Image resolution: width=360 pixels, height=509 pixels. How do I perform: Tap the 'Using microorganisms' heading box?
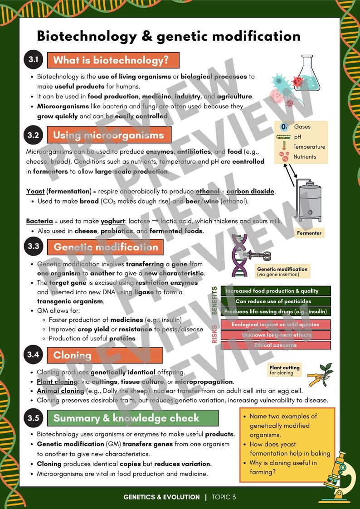109,135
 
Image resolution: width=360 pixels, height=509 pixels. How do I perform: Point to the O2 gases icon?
284,127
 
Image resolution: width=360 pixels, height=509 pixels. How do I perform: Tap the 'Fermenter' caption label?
309,233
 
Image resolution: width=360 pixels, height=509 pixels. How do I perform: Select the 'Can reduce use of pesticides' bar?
276,301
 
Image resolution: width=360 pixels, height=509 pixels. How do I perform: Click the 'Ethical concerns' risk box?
276,345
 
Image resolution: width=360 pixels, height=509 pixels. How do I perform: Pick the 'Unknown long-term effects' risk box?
276,335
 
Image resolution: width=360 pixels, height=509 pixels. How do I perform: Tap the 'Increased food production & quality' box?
276,291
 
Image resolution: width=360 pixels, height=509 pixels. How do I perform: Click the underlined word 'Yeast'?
35,191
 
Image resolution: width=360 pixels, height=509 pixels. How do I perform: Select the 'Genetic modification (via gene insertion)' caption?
282,271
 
